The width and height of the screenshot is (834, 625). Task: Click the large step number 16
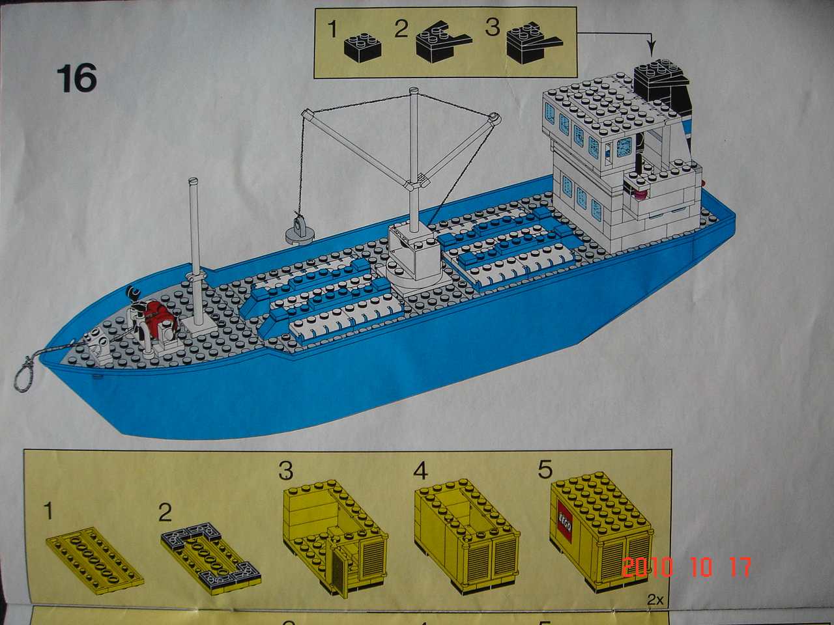[76, 77]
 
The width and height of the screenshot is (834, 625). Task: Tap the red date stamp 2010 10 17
[687, 566]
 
